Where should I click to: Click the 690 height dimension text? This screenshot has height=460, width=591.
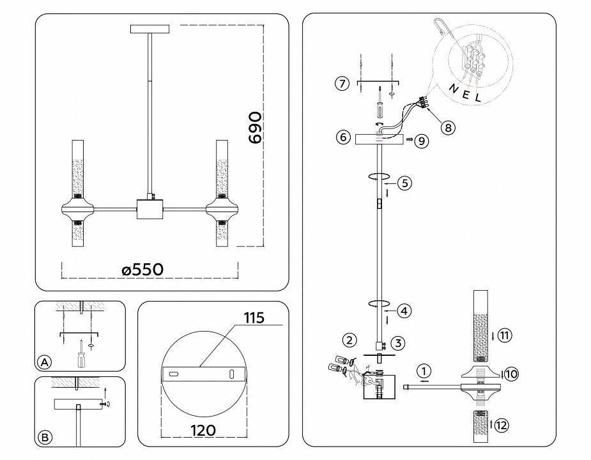point(254,128)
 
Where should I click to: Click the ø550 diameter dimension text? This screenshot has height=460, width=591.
point(142,270)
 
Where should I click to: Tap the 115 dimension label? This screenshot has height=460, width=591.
point(254,318)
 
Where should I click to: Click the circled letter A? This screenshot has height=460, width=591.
point(44,362)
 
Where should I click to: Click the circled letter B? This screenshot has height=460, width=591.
point(44,438)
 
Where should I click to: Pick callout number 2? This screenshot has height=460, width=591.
point(348,339)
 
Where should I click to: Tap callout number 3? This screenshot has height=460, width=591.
point(397,344)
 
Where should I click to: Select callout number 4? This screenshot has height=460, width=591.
point(404,311)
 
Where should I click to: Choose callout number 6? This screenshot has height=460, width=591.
point(342,137)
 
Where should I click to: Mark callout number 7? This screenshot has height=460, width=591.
point(342,84)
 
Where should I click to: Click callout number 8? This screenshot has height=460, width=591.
point(449,127)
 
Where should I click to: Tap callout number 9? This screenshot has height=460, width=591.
point(421,141)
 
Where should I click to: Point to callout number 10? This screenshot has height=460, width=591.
point(510,374)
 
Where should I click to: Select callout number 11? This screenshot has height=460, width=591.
point(505,335)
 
